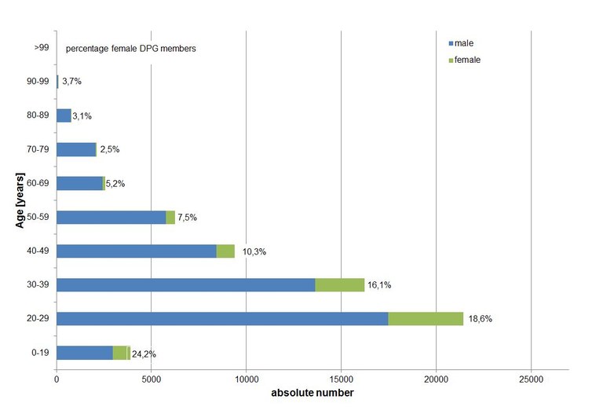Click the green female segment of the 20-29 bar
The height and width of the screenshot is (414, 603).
(426, 319)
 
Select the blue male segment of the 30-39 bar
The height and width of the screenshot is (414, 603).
(185, 285)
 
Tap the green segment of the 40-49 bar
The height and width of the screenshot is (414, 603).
(225, 251)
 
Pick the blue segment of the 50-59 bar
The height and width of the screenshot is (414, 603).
(111, 218)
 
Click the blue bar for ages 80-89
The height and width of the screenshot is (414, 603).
(64, 115)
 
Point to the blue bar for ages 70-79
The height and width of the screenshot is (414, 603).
(75, 149)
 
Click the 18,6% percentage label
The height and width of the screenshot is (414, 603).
(480, 320)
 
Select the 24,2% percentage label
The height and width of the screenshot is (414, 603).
(144, 354)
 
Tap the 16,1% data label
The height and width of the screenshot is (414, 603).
(378, 286)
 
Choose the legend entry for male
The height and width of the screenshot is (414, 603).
(464, 43)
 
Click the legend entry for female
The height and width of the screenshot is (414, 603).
(467, 60)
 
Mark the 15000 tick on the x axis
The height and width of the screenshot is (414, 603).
(341, 379)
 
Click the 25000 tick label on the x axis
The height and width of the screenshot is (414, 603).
(531, 379)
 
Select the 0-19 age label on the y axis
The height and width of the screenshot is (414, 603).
(41, 354)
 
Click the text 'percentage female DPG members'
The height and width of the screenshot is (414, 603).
(130, 49)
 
